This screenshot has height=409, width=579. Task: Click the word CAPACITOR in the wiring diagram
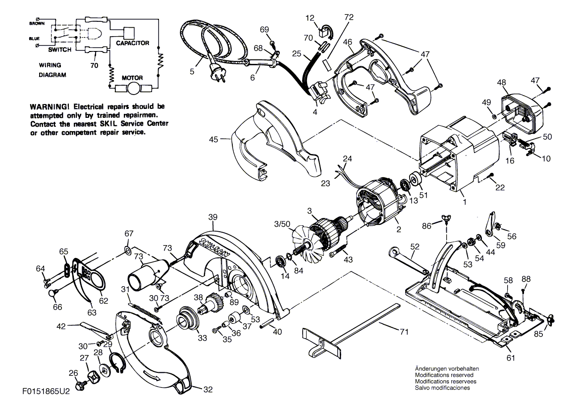pos(133,43)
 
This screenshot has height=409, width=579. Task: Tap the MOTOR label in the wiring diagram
pos(132,78)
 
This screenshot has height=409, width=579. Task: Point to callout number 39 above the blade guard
pos(212,217)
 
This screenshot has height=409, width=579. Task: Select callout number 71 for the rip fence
pos(404,332)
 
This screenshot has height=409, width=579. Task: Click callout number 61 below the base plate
pos(511,358)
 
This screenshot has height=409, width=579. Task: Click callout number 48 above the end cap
pos(501,82)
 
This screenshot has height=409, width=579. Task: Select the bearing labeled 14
pos(283,260)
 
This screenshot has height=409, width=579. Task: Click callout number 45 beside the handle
pos(213,140)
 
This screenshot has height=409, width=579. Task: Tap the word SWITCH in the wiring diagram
pos(60,50)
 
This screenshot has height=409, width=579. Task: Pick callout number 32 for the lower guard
pos(208,389)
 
